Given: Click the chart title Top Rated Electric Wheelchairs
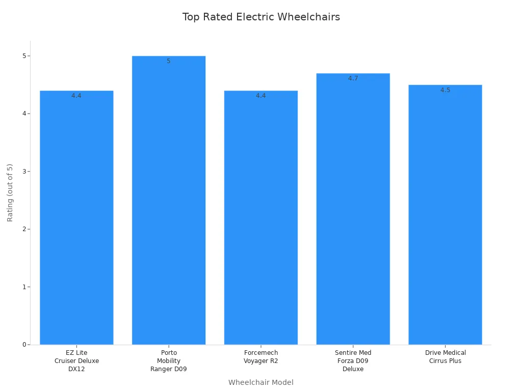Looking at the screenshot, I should tap(261, 17).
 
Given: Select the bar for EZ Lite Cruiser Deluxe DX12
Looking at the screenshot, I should tap(76, 219).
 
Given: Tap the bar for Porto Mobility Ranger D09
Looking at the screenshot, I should tap(169, 204).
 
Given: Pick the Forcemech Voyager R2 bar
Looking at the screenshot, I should tap(261, 219).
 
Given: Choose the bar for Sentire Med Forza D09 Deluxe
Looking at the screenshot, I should tap(353, 211).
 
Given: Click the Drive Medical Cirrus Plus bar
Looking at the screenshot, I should tap(445, 216).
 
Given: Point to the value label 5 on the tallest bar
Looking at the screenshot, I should tap(169, 61).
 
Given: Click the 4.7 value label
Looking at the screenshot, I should tap(353, 78).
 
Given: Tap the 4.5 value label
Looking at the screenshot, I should tap(445, 90).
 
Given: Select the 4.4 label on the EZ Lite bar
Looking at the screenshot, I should tap(76, 96).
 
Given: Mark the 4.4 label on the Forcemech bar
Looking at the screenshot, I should tap(261, 96).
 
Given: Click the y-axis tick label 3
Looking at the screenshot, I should tap(24, 171).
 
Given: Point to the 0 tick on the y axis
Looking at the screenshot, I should tap(24, 345).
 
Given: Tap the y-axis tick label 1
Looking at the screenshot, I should tap(24, 287).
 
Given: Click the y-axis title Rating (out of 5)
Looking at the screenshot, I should tap(10, 192).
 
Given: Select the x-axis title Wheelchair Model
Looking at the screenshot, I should tap(261, 382).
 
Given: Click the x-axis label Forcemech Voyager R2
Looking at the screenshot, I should tap(261, 357).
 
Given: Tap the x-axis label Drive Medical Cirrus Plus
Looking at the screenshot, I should tap(445, 357).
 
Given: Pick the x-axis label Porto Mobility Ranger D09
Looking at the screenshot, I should tap(169, 361).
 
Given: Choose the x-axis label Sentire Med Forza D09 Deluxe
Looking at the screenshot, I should tap(353, 361).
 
